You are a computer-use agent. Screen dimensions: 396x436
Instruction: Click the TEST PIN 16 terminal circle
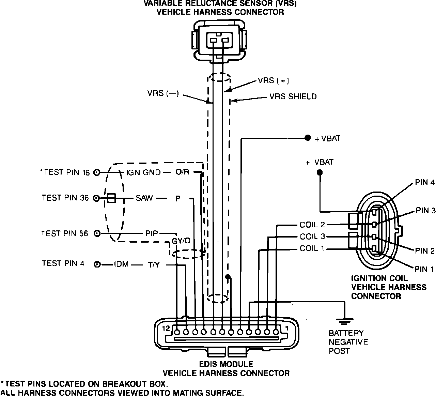click(97, 172)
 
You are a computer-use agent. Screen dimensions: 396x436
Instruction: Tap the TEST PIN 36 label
click(65, 198)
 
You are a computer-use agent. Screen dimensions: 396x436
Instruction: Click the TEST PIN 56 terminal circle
click(97, 233)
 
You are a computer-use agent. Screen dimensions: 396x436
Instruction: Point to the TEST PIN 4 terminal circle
click(97, 264)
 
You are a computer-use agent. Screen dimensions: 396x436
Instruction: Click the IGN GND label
click(143, 172)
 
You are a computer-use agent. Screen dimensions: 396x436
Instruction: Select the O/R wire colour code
click(182, 172)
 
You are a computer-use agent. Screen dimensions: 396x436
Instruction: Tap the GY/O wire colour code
click(181, 241)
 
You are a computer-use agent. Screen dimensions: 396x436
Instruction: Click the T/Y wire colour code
click(153, 264)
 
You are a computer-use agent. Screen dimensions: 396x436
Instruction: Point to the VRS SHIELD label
click(293, 97)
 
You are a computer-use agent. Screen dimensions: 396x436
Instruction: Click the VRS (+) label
click(273, 80)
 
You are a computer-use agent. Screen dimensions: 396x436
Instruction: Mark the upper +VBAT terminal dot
click(308, 138)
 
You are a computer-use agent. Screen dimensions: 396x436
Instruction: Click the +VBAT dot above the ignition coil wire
click(320, 173)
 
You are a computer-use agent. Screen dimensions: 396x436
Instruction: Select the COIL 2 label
click(312, 225)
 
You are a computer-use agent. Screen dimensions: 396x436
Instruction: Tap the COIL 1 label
click(312, 248)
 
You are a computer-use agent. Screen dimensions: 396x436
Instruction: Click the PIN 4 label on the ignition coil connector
click(425, 183)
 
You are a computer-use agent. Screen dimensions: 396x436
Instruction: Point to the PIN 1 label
click(424, 270)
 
